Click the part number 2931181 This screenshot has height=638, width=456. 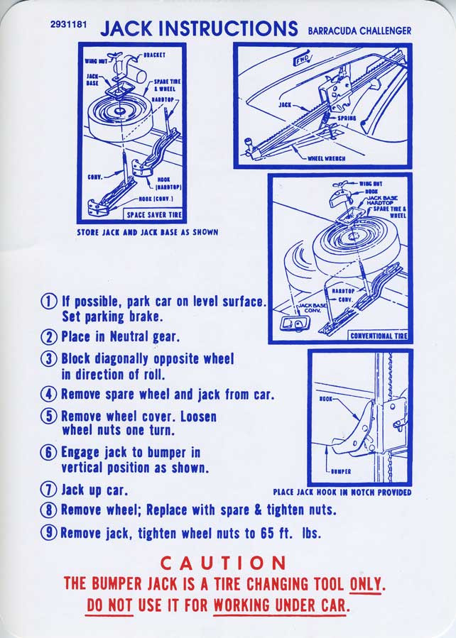pyautogui.click(x=69, y=25)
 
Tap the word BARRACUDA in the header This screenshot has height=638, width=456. pyautogui.click(x=334, y=31)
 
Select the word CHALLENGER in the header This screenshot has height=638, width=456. pyautogui.click(x=386, y=31)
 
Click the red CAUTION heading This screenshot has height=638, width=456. pyautogui.click(x=222, y=563)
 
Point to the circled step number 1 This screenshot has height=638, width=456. pyautogui.click(x=49, y=301)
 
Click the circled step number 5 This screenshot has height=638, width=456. pyautogui.click(x=49, y=417)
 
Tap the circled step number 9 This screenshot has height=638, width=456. pyautogui.click(x=49, y=533)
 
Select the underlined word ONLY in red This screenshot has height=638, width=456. pyautogui.click(x=367, y=584)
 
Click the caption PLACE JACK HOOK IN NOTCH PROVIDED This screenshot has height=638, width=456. pyautogui.click(x=342, y=493)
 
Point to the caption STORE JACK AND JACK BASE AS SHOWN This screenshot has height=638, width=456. pyautogui.click(x=147, y=232)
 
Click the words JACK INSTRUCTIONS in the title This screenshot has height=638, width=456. pyautogui.click(x=199, y=28)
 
